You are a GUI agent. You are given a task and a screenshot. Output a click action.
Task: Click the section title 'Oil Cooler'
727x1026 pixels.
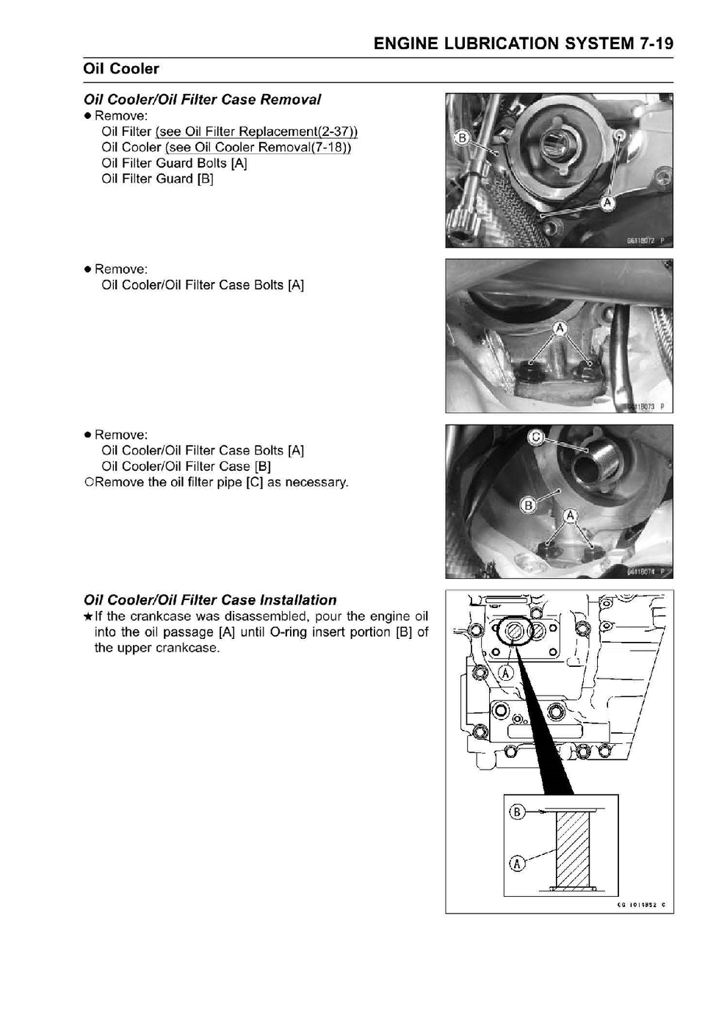point(121,69)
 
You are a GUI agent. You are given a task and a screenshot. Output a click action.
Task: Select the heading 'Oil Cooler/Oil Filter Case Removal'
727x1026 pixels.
point(202,100)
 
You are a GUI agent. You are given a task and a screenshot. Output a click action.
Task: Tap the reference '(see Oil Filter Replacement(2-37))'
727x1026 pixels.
point(256,132)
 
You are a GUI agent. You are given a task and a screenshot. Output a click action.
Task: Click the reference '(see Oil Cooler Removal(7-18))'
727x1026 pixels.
point(258,148)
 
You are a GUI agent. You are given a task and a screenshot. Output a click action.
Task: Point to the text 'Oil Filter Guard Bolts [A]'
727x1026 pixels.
point(174,163)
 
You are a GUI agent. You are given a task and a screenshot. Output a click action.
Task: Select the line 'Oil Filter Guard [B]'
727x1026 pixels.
point(157,179)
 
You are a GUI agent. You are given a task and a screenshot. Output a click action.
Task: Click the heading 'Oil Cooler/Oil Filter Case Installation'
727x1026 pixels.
point(210,600)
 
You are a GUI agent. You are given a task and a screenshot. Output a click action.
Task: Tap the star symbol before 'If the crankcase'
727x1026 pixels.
point(88,617)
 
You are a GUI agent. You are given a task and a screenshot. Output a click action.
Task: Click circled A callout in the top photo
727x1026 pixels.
point(607,203)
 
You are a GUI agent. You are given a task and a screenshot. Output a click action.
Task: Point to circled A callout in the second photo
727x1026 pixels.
point(560,328)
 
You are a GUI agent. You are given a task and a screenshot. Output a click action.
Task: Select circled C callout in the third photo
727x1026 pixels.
point(536,438)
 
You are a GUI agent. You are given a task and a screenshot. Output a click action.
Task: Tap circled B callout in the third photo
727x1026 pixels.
point(528,505)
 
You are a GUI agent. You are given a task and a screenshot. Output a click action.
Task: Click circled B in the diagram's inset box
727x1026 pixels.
point(516,812)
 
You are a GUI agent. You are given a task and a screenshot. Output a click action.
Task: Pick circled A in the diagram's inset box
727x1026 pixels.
point(516,863)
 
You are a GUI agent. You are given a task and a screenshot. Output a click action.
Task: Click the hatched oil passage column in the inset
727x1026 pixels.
point(573,849)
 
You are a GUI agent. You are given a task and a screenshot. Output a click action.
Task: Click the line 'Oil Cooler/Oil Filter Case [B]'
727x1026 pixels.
point(186,466)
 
